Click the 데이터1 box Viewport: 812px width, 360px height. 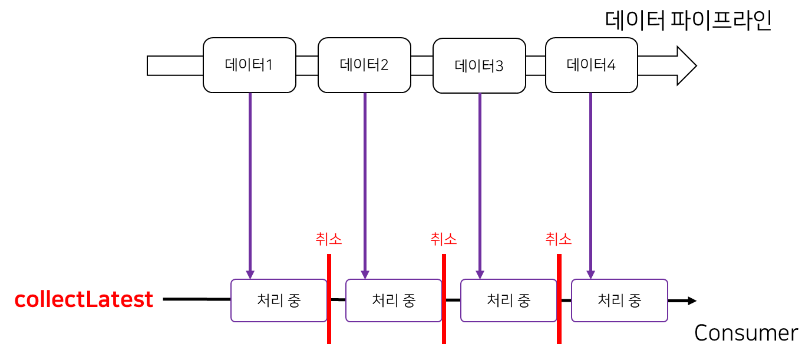pyautogui.click(x=249, y=65)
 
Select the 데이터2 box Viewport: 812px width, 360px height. pyautogui.click(x=364, y=65)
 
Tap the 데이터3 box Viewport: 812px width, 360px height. pyautogui.click(x=479, y=65)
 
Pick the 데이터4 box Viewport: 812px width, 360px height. pyautogui.click(x=591, y=65)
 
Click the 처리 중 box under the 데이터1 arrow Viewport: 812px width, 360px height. pyautogui.click(x=279, y=300)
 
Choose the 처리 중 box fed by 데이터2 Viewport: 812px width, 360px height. pyautogui.click(x=394, y=300)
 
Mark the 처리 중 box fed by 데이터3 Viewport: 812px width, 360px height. pyautogui.click(x=509, y=300)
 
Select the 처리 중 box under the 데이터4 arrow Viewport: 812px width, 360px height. pyautogui.click(x=619, y=300)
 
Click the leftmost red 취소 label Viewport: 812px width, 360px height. pyautogui.click(x=329, y=239)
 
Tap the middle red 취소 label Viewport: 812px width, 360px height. pyautogui.click(x=444, y=239)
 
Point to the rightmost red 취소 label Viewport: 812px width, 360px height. pyautogui.click(x=559, y=239)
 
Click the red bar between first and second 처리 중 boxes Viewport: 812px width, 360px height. pyautogui.click(x=329, y=298)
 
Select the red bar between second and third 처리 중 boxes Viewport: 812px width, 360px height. pyautogui.click(x=444, y=298)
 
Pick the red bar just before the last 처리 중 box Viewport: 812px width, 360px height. pyautogui.click(x=559, y=298)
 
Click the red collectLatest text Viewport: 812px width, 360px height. pyautogui.click(x=84, y=299)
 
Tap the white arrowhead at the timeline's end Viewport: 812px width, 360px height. pyautogui.click(x=685, y=65)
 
